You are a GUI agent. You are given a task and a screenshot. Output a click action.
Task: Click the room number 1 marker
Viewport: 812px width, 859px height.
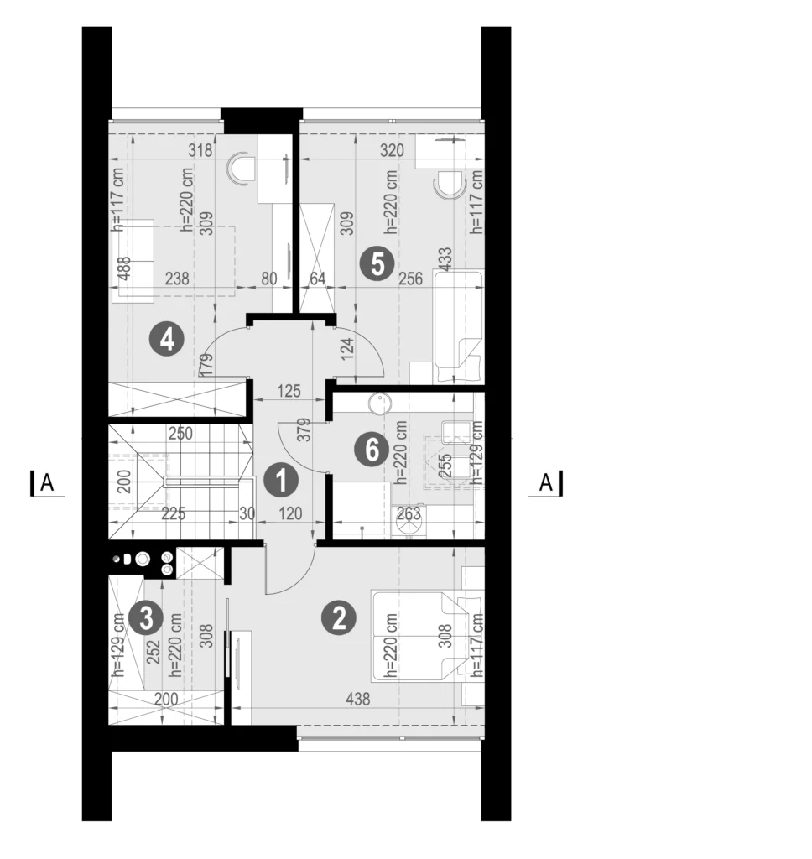(x=281, y=481)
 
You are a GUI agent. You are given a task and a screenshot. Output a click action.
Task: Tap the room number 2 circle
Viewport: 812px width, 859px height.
(x=339, y=618)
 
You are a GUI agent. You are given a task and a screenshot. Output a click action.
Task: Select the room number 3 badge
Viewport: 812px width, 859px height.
(x=146, y=618)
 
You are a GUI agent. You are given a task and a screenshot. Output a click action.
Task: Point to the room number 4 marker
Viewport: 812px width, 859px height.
(x=167, y=339)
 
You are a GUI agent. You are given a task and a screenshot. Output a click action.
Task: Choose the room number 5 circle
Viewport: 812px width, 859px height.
(x=377, y=264)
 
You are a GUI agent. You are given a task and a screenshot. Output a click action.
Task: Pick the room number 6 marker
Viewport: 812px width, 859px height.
(x=372, y=450)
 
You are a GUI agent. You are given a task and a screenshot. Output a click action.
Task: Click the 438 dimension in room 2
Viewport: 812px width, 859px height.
(x=358, y=699)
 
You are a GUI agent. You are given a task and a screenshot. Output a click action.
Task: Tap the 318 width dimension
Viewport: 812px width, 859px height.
(x=200, y=149)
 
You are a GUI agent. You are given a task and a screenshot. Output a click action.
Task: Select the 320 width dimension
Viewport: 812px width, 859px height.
(x=392, y=149)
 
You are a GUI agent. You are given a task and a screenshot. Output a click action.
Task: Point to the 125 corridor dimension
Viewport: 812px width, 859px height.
(x=289, y=391)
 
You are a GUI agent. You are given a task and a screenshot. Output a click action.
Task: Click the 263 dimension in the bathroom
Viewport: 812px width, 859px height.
(x=409, y=513)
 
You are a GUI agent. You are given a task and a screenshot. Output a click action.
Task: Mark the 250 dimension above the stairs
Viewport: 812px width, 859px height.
(x=180, y=434)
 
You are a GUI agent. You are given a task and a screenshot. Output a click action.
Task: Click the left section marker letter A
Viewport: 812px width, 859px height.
(x=48, y=483)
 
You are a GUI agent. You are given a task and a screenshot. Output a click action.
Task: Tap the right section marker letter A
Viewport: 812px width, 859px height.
(x=546, y=483)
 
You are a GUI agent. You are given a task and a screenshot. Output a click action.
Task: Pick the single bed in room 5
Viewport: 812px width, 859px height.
(x=459, y=326)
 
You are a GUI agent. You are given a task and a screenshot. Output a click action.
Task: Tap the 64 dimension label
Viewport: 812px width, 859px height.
(x=317, y=279)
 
